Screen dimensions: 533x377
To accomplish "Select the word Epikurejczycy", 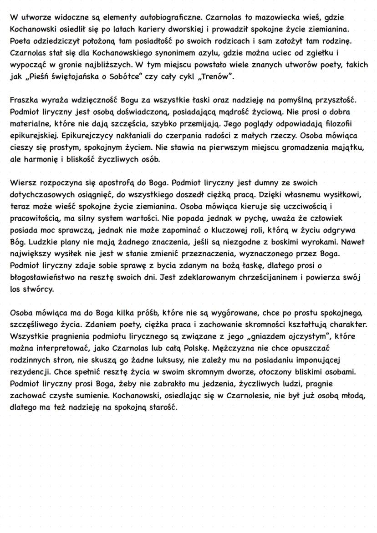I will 98,136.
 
